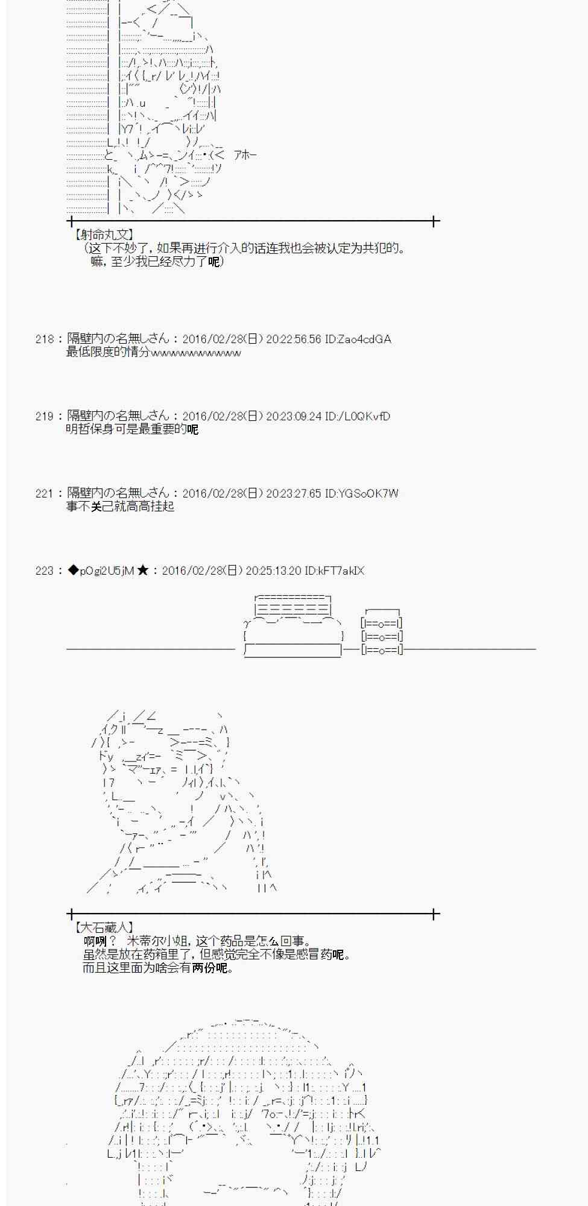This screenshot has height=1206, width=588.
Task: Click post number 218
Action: (x=45, y=339)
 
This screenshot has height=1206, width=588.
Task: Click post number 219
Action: (x=45, y=417)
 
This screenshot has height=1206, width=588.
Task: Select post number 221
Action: (x=45, y=494)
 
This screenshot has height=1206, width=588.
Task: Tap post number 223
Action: (x=45, y=571)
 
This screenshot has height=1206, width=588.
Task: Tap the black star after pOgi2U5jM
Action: (x=143, y=570)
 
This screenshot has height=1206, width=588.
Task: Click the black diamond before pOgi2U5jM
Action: (x=74, y=570)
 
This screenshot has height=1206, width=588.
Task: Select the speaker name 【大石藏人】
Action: (x=103, y=928)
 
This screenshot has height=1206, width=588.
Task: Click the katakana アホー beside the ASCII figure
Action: (x=245, y=155)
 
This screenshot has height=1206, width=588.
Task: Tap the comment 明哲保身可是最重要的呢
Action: (x=132, y=429)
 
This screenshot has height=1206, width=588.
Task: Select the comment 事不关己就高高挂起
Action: (x=120, y=507)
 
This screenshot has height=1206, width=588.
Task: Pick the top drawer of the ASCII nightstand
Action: (x=382, y=624)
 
